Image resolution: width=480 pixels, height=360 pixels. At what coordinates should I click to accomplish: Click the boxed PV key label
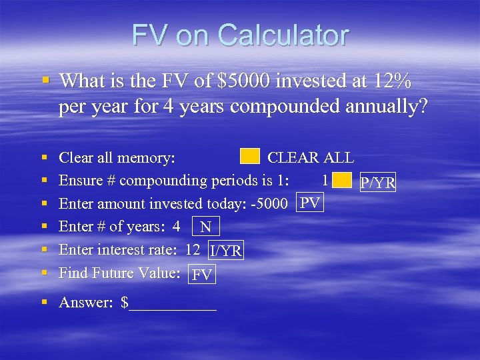coord(311,203)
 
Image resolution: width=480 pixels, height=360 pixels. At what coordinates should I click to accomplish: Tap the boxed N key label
coord(205,227)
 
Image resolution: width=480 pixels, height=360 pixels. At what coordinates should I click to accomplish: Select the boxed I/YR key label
coord(226,251)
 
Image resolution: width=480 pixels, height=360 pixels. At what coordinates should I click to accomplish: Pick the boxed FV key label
coord(202,274)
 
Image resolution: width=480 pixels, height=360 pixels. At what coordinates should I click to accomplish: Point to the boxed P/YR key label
coord(377,182)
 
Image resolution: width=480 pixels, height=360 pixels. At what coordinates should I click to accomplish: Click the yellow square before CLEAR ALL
coord(249,157)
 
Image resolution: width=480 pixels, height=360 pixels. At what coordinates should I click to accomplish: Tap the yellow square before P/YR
coord(342,180)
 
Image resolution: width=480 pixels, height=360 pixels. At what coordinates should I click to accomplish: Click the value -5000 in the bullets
coord(275,203)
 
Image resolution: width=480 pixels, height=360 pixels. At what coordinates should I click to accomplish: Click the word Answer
coord(86,303)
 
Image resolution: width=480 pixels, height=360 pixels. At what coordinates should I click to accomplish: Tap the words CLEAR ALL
coord(311,158)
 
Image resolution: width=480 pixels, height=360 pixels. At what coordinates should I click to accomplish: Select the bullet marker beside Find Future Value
coord(45,273)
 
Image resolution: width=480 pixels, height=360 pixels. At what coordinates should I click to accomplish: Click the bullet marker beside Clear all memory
coord(45,157)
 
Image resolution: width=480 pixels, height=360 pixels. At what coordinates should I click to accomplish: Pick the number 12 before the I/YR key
coord(193,249)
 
